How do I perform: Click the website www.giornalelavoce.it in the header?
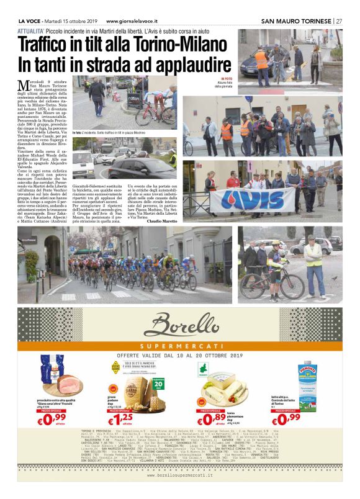129,20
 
